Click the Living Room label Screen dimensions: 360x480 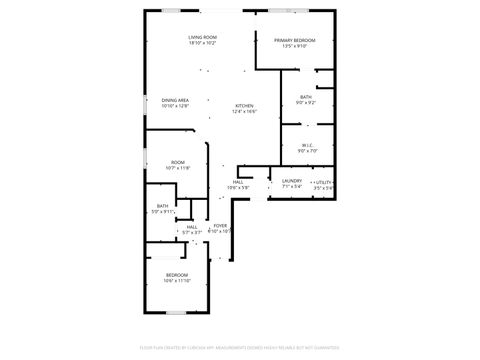point(202,38)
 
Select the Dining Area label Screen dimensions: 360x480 point(176,100)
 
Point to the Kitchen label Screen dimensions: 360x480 point(244,106)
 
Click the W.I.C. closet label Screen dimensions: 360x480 point(308,145)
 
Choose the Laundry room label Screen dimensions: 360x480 point(292,181)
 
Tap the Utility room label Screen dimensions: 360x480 point(323,182)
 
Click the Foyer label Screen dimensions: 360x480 point(220,226)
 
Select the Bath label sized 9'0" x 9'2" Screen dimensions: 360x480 point(305,97)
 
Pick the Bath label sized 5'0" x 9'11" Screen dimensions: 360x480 point(162,206)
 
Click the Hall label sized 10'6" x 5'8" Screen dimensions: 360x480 point(239,182)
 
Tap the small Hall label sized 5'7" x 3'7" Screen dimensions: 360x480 point(191,227)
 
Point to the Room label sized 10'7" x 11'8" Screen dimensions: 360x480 point(178,162)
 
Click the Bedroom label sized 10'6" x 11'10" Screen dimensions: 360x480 point(176,274)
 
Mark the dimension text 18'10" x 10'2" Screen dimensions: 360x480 point(202,44)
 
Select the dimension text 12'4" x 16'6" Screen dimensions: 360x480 point(244,112)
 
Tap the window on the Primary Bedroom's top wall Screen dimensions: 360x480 point(282,11)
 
